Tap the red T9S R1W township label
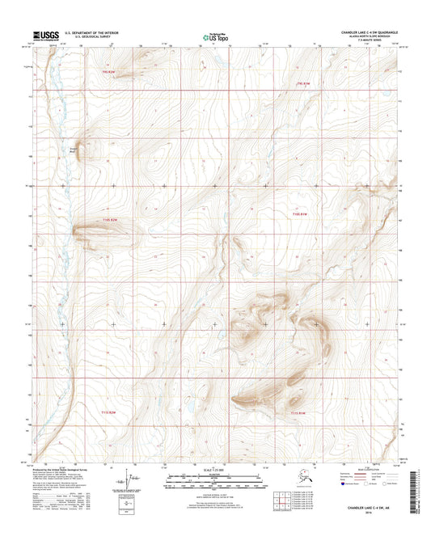[302, 83]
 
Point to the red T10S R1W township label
[301, 213]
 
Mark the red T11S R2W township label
[120, 412]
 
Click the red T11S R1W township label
[298, 413]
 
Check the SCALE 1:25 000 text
[214, 471]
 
